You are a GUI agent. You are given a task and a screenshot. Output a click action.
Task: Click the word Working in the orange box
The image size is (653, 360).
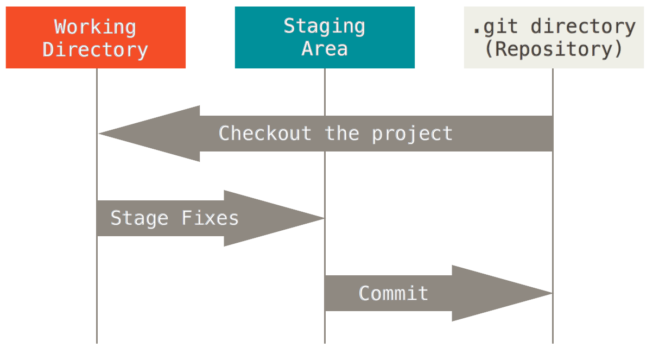tap(95, 26)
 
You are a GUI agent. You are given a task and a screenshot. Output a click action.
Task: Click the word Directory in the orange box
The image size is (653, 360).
tap(95, 49)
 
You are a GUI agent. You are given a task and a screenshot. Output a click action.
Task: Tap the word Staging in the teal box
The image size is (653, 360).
tap(325, 26)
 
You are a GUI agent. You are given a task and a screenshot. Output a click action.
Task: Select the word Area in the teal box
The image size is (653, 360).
tap(325, 49)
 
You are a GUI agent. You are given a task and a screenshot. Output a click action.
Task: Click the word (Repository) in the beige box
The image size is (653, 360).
tap(553, 49)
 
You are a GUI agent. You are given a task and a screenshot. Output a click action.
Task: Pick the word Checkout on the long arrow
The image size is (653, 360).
tap(265, 134)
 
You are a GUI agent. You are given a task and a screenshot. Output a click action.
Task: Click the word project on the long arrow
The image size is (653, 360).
tap(412, 134)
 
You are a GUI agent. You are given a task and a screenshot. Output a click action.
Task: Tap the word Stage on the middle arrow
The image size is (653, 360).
tap(140, 218)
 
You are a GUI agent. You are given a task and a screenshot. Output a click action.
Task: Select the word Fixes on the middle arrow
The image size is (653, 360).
tap(210, 218)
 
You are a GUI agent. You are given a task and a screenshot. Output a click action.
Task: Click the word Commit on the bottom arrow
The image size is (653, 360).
tap(394, 293)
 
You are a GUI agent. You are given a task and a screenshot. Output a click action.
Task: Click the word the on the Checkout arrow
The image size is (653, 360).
tap(342, 134)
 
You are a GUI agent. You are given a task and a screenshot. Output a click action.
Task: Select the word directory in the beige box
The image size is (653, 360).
tap(582, 26)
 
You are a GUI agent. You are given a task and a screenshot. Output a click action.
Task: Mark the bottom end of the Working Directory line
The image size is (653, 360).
tap(97, 342)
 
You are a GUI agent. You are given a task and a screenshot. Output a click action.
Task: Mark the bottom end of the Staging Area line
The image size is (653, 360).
tap(325, 342)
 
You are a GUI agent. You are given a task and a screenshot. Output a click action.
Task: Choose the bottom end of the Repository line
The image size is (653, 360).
tap(553, 342)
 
